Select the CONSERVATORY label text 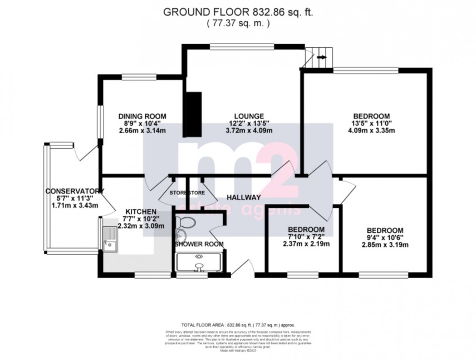(72, 190)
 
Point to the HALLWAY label (244, 197)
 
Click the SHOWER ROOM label (199, 244)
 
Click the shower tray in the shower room (199, 261)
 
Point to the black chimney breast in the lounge (193, 114)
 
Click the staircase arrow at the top (322, 57)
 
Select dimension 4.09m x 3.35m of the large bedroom (366, 132)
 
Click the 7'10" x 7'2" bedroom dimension (306, 237)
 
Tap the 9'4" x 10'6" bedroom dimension (385, 237)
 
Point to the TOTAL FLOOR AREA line (238, 324)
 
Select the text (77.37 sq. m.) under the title (238, 23)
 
